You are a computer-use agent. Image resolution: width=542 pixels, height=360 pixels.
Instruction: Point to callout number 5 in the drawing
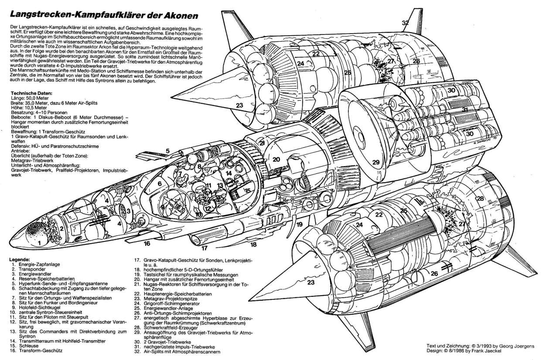click(x=167, y=151)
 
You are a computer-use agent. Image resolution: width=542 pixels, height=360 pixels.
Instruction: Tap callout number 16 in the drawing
click(x=147, y=243)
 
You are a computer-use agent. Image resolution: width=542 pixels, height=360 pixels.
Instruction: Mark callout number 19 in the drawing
click(x=299, y=225)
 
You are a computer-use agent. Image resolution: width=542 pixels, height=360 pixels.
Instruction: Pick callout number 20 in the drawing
click(x=276, y=160)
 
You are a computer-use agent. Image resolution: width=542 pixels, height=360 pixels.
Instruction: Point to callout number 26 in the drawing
click(x=434, y=274)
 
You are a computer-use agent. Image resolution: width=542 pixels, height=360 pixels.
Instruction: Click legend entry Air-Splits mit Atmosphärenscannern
click(x=181, y=351)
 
